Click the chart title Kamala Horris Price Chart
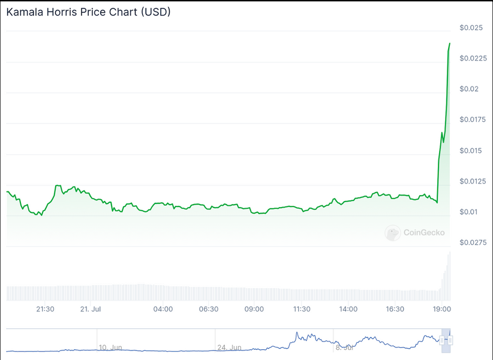tap(88, 12)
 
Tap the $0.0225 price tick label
tap(473, 58)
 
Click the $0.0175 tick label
tap(473, 119)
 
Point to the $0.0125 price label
tap(473, 181)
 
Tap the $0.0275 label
tap(473, 242)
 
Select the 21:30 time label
tap(46, 309)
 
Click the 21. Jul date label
tap(89, 309)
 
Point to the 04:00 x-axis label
tap(163, 309)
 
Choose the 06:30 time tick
tap(208, 309)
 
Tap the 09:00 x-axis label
tap(254, 309)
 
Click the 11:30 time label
tap(301, 309)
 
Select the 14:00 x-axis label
tap(348, 309)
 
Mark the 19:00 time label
tap(442, 309)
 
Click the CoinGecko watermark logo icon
tap(393, 233)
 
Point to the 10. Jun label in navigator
tap(110, 347)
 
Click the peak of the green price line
tap(449, 43)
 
